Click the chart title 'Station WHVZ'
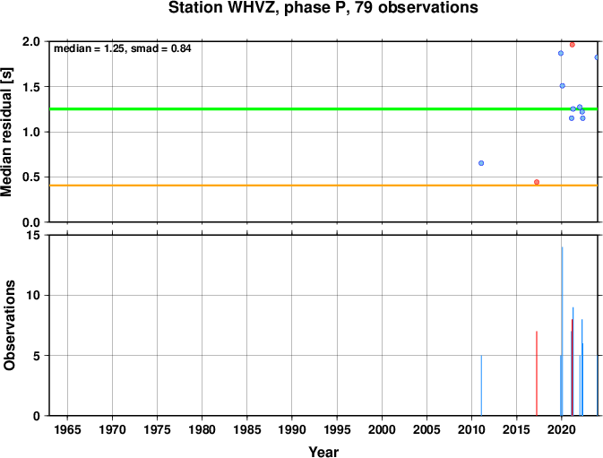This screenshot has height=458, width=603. point(223,7)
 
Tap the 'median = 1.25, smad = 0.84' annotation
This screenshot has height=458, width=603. point(122,48)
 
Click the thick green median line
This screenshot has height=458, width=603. point(323,109)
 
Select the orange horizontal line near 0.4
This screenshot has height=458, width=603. point(323,186)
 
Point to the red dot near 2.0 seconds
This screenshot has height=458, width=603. point(573,45)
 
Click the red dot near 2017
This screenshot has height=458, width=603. point(537,182)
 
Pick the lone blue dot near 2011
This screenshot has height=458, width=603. point(481,163)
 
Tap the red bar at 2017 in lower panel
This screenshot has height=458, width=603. point(537,374)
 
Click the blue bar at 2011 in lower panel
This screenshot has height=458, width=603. point(481,385)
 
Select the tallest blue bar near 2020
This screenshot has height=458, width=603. point(563,331)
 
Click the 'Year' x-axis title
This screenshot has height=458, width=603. point(323,452)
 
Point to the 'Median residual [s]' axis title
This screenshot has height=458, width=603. point(7,132)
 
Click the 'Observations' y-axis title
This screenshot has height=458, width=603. point(9,325)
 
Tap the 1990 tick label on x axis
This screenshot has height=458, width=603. point(292,429)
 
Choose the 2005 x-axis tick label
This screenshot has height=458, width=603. point(426,429)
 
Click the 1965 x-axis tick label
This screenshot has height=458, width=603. point(68,429)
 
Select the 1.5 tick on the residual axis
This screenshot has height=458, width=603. point(31,87)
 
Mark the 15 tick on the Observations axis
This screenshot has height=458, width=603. point(34,235)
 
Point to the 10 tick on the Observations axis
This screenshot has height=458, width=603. point(34,296)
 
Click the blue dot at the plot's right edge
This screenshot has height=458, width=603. point(597,57)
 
